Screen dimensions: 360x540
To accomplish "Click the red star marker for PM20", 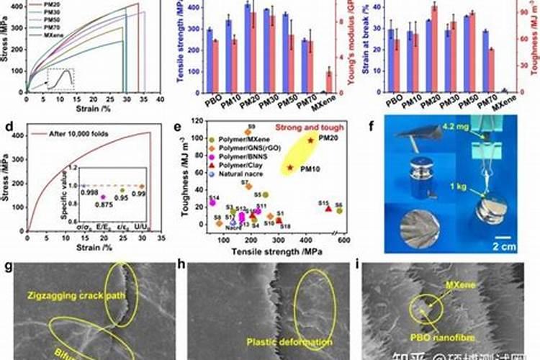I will click(310, 140).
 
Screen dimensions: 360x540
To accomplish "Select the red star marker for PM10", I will click(290, 168).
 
